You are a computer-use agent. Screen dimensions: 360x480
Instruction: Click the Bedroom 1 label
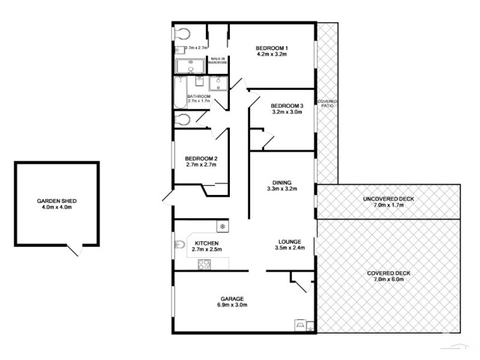pos(272,48)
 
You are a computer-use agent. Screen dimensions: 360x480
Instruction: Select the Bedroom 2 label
pos(200,159)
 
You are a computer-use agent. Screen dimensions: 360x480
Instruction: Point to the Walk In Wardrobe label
pos(217,61)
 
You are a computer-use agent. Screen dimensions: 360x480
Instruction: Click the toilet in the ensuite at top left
pos(182,34)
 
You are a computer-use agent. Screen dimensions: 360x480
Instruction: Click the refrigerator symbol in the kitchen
pos(222,227)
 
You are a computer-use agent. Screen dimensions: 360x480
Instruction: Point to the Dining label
pos(281,182)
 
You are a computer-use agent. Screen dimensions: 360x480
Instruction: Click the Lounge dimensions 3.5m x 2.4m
pos(290,248)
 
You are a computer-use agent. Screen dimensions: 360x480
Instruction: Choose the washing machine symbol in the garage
pos(299,325)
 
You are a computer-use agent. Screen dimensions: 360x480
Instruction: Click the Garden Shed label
pos(56,201)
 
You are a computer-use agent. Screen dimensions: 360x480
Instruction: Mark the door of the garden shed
pos(74,250)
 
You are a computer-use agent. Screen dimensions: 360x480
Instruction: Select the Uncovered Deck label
pos(388,199)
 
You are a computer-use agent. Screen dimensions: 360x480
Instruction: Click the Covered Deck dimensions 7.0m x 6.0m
pos(388,280)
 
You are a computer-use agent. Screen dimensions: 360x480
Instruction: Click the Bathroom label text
pos(199,96)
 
